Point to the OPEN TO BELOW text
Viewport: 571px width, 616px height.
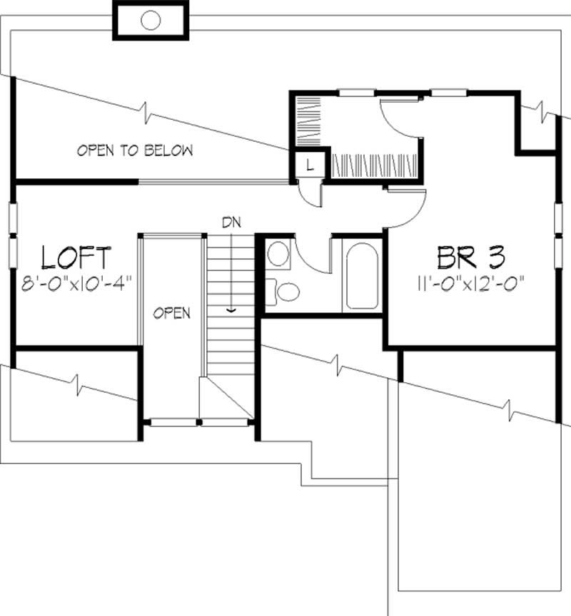click(135, 150)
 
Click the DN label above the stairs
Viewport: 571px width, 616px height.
click(230, 222)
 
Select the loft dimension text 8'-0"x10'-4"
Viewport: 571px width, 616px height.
click(76, 282)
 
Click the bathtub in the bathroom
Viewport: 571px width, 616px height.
click(363, 277)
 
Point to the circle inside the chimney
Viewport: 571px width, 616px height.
click(151, 20)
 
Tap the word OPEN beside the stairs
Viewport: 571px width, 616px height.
click(172, 313)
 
